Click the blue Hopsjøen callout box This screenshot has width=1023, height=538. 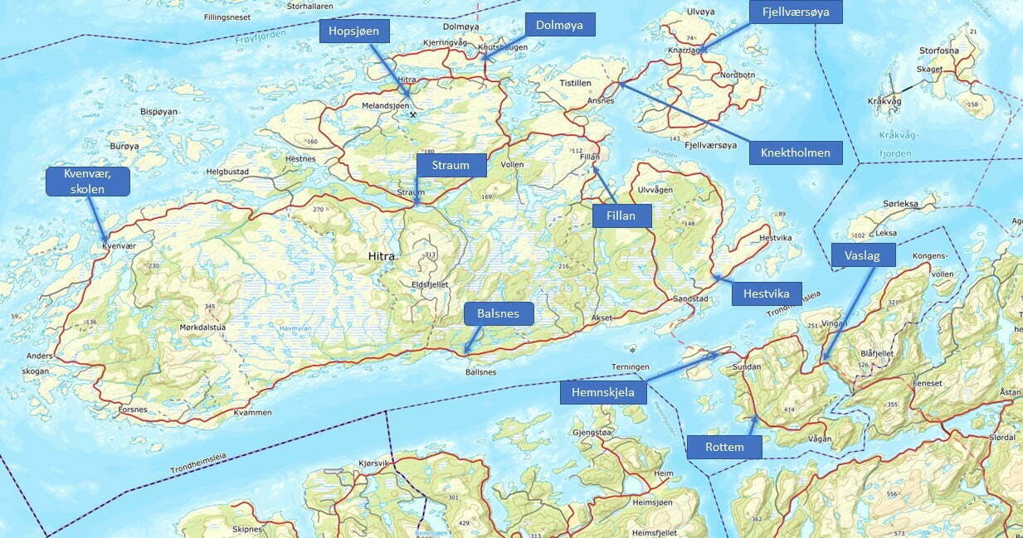point(354,32)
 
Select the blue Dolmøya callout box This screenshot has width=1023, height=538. point(559,26)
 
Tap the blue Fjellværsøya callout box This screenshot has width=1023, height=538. point(796,12)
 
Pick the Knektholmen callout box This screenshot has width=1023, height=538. point(796,153)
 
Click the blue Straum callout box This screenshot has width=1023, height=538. point(450,165)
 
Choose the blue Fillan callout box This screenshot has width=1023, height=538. point(622,216)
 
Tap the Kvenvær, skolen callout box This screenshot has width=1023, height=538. point(87,182)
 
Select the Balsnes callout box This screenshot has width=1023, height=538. point(498,314)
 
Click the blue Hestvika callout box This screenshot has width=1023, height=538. point(767,293)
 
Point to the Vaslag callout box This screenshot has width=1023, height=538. point(864,254)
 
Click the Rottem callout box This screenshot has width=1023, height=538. point(724,448)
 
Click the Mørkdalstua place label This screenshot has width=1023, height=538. point(202,327)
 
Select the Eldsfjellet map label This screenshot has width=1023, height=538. point(430,284)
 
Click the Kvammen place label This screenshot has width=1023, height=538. point(253,412)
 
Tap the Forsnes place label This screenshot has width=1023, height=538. point(133,409)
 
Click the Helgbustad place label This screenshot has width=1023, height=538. point(227,172)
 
